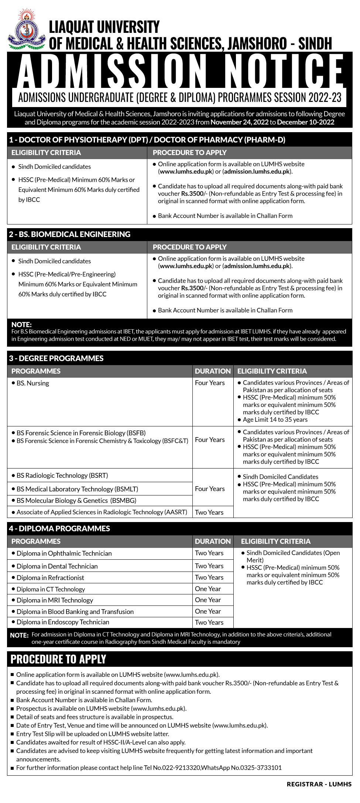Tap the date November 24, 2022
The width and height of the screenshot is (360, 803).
(x=240, y=122)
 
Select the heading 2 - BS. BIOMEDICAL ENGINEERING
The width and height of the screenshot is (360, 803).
(x=70, y=234)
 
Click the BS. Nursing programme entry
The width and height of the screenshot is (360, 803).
(x=32, y=383)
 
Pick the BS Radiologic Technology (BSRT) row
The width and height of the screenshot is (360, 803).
(x=62, y=476)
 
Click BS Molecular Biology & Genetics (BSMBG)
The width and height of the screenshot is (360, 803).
(x=76, y=501)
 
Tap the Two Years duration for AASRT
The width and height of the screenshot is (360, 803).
(x=209, y=512)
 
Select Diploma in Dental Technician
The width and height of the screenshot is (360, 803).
(x=57, y=566)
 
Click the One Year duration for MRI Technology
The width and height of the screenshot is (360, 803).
(x=208, y=600)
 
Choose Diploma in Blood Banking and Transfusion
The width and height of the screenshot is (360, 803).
(x=75, y=612)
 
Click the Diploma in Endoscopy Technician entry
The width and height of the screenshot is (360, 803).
(x=63, y=622)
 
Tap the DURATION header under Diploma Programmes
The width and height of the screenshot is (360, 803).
(x=213, y=541)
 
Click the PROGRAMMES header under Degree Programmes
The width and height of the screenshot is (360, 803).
(x=36, y=371)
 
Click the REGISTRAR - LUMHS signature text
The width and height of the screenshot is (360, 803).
(x=319, y=784)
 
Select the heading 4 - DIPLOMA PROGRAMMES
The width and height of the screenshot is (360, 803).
(x=59, y=528)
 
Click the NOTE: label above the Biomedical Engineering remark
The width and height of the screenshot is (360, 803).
(x=21, y=325)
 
